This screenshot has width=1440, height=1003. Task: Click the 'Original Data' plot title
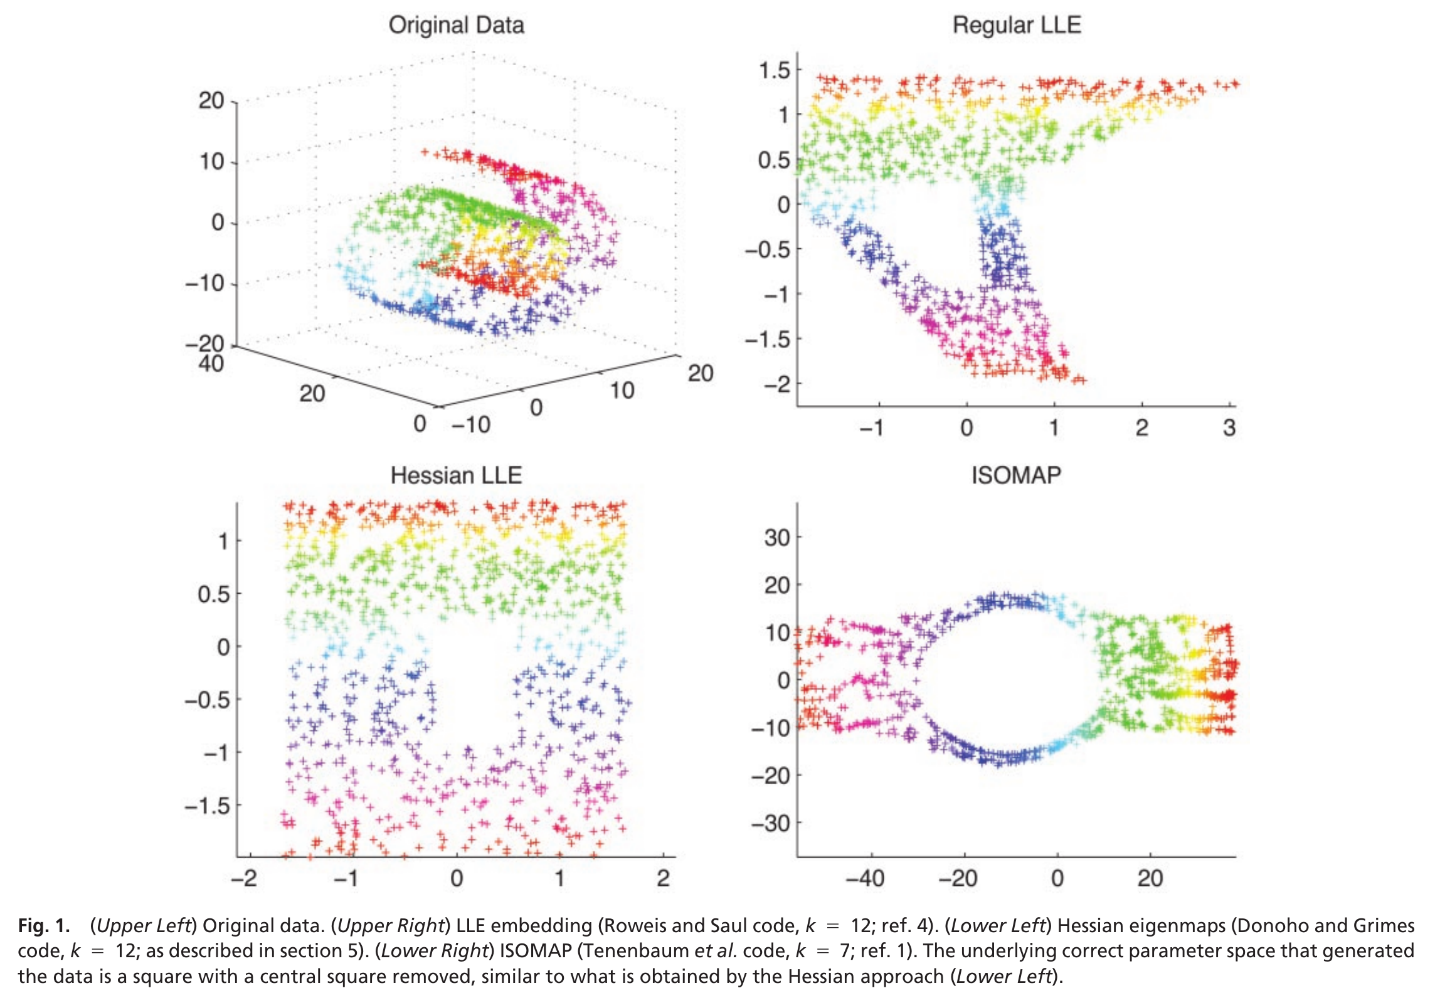[x=456, y=25]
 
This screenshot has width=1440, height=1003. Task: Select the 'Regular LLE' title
[x=1017, y=25]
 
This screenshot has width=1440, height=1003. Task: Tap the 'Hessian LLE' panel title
[x=456, y=475]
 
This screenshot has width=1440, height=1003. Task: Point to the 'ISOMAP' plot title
[x=1016, y=475]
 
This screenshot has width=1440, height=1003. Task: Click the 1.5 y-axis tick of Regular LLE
[x=775, y=70]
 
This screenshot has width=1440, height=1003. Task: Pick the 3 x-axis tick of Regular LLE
[x=1229, y=428]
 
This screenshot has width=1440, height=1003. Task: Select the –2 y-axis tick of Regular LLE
[x=778, y=383]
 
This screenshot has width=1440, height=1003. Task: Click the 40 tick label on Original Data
[x=211, y=364]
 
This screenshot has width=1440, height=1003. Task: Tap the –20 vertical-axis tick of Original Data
[x=204, y=344]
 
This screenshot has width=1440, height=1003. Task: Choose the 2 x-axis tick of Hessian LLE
[x=663, y=878]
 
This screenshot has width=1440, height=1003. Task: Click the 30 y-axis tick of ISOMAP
[x=777, y=537]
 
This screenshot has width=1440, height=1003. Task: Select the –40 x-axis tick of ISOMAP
[x=866, y=878]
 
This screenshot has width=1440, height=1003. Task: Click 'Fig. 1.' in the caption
[x=43, y=926]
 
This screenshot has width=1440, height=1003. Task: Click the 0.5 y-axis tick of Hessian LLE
[x=214, y=594]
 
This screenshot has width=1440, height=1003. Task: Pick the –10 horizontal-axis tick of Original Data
[x=471, y=425]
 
